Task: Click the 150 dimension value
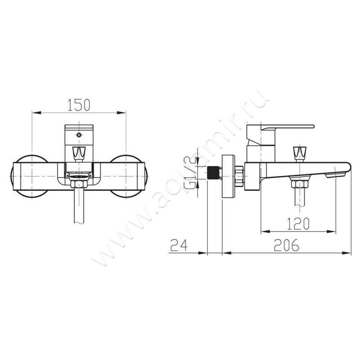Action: click(x=79, y=105)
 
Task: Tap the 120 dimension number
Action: click(x=298, y=224)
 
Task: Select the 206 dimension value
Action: click(x=287, y=245)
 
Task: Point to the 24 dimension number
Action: click(x=179, y=245)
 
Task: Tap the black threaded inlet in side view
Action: click(x=213, y=172)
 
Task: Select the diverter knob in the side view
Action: click(x=300, y=153)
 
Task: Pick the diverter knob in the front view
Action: click(x=79, y=153)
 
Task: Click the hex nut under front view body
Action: click(x=79, y=184)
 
